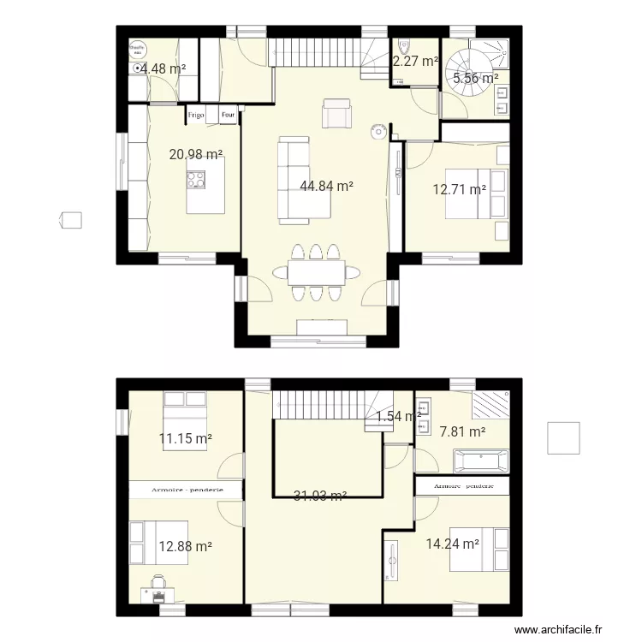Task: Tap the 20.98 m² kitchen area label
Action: pos(196,155)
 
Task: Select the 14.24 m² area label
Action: pos(452,542)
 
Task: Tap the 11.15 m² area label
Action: pos(186,439)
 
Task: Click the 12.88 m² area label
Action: pos(185,546)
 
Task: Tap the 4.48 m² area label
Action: pos(163,69)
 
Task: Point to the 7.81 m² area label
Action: pos(462,432)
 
